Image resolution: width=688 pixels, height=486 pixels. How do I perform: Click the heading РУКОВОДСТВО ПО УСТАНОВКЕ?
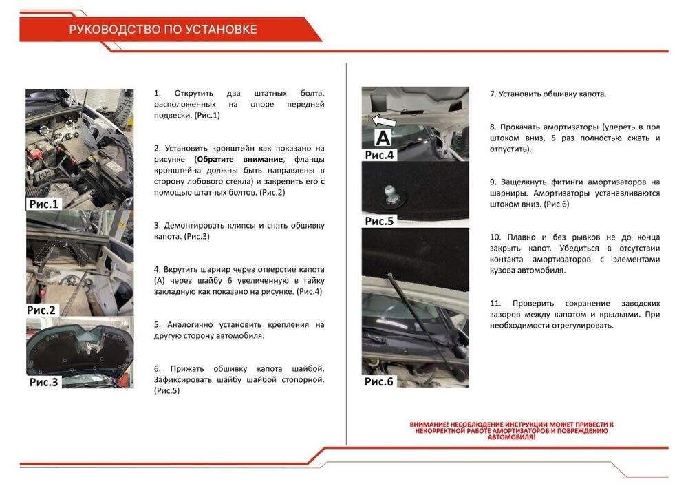[163, 30]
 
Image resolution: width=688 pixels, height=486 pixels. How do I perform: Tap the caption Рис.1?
[45, 204]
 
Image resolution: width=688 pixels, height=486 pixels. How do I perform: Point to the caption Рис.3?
[45, 381]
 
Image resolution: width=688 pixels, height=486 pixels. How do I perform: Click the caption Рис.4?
[379, 155]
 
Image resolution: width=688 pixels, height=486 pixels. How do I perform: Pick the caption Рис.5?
[379, 221]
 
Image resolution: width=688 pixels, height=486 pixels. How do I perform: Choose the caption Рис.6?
[379, 381]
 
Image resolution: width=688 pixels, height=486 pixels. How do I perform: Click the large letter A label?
[382, 138]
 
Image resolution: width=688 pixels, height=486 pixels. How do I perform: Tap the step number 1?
[157, 93]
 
